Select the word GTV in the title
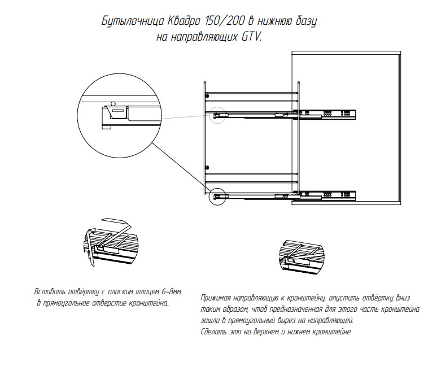coord(251,37)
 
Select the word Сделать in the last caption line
coord(213,332)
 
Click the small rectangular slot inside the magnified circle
coord(118,112)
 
